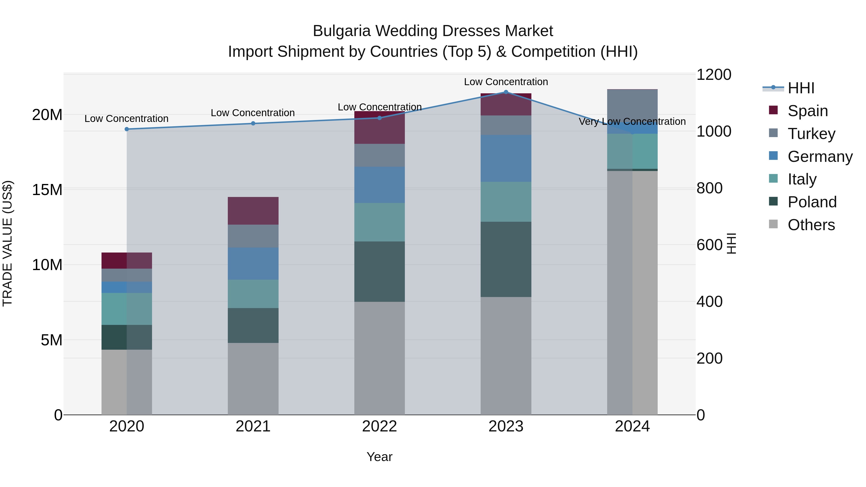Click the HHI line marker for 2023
pyautogui.click(x=506, y=92)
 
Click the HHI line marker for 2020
pyautogui.click(x=127, y=129)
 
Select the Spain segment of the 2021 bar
pyautogui.click(x=253, y=211)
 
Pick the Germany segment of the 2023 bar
pyautogui.click(x=506, y=158)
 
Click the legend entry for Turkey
pyautogui.click(x=811, y=134)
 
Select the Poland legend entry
pyautogui.click(x=812, y=202)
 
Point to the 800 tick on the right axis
pyautogui.click(x=709, y=188)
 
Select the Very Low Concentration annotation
pyautogui.click(x=632, y=121)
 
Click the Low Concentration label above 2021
pyautogui.click(x=253, y=113)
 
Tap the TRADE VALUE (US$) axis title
pyautogui.click(x=7, y=243)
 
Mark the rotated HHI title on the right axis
pyautogui.click(x=731, y=243)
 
